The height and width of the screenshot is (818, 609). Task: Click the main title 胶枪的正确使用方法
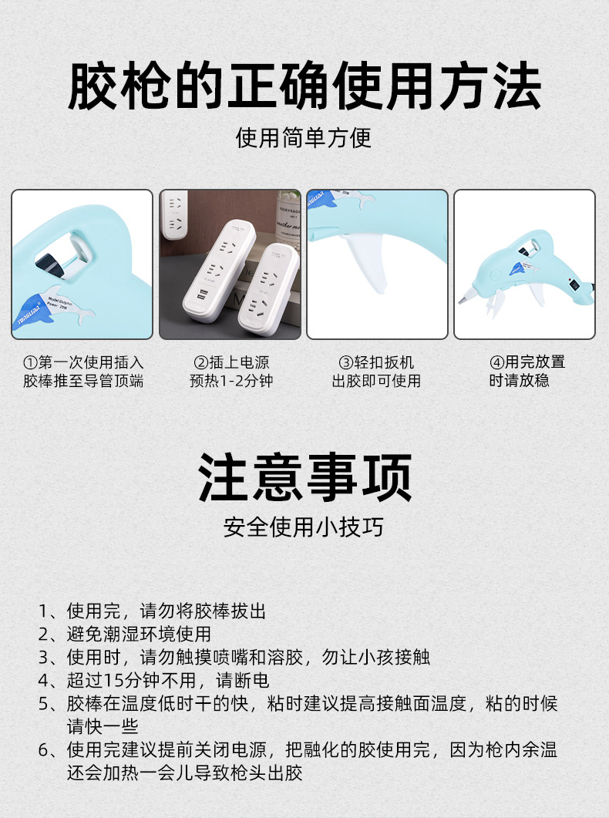click(304, 86)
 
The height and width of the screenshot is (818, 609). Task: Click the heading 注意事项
click(304, 478)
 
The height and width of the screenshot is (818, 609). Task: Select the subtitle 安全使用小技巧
click(304, 527)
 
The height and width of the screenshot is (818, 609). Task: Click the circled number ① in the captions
click(30, 362)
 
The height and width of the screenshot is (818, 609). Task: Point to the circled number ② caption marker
click(200, 362)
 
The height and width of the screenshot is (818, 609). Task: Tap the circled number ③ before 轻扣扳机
click(346, 362)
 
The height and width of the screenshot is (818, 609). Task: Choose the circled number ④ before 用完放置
click(496, 362)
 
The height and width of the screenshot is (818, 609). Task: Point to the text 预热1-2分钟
click(230, 381)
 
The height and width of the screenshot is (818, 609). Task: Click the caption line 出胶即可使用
click(376, 381)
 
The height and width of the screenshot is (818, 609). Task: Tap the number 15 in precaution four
click(112, 681)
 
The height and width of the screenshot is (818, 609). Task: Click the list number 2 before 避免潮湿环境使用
click(44, 635)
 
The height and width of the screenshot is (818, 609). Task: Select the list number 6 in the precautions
click(44, 750)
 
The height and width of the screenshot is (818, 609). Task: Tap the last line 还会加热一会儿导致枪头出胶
click(184, 773)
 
